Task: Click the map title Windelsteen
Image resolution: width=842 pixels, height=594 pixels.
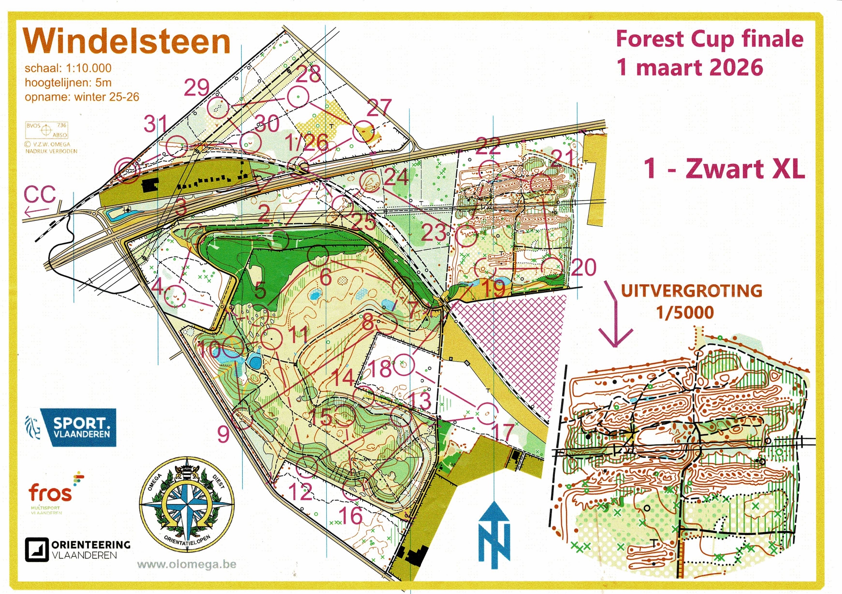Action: click(127, 42)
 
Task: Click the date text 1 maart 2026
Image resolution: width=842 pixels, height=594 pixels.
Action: click(690, 67)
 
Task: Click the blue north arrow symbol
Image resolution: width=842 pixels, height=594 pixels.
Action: click(494, 534)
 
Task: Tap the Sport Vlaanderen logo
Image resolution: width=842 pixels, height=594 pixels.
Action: click(71, 427)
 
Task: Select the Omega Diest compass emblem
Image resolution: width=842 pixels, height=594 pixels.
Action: click(187, 506)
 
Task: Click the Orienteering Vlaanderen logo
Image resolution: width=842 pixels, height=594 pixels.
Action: click(78, 550)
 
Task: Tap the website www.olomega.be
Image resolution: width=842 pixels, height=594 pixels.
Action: click(187, 565)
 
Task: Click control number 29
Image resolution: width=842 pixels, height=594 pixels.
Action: click(197, 88)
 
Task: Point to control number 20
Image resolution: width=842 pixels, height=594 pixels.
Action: click(584, 267)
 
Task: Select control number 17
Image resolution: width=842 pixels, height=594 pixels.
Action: click(503, 432)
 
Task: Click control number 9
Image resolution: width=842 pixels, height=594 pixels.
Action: click(223, 434)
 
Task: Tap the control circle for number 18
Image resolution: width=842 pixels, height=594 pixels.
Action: click(404, 365)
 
